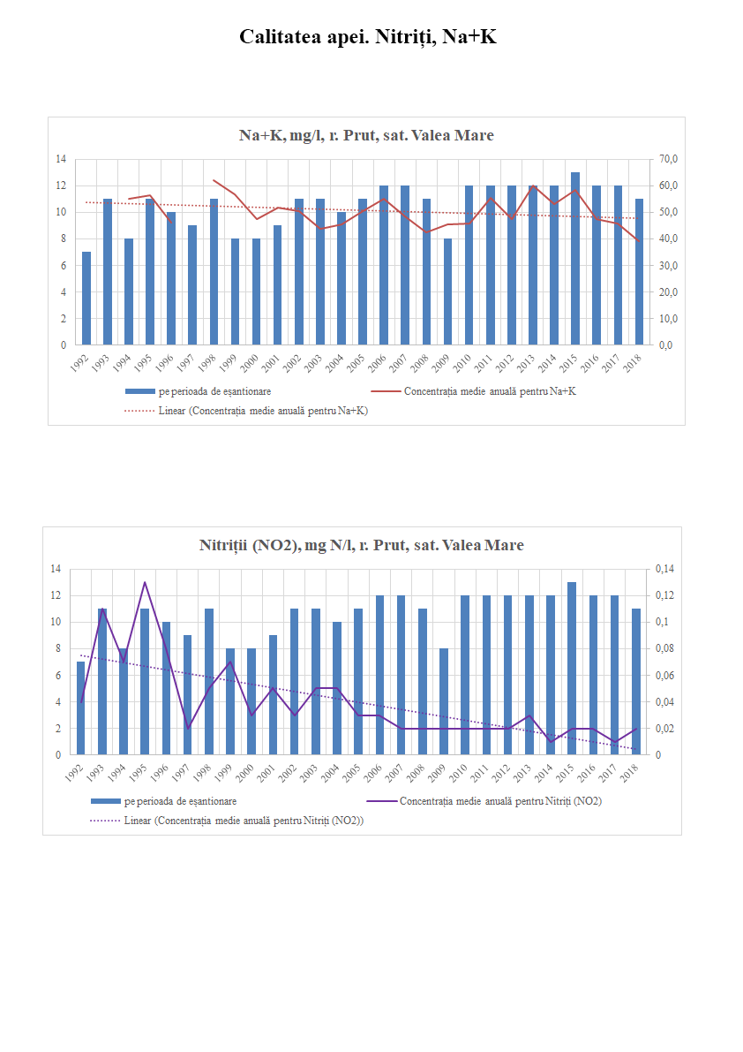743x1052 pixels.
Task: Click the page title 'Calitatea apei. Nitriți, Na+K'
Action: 368,37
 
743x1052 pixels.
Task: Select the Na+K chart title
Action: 366,135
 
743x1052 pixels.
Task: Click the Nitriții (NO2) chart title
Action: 362,545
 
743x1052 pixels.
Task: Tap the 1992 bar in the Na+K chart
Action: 86,299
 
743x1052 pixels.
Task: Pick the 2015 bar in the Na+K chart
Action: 575,259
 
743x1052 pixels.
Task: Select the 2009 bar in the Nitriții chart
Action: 444,702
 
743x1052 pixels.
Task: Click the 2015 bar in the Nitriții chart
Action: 572,669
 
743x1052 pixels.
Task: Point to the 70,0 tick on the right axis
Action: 663,159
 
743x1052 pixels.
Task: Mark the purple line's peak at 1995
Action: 145,582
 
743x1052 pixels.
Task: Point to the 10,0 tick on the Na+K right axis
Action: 663,319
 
